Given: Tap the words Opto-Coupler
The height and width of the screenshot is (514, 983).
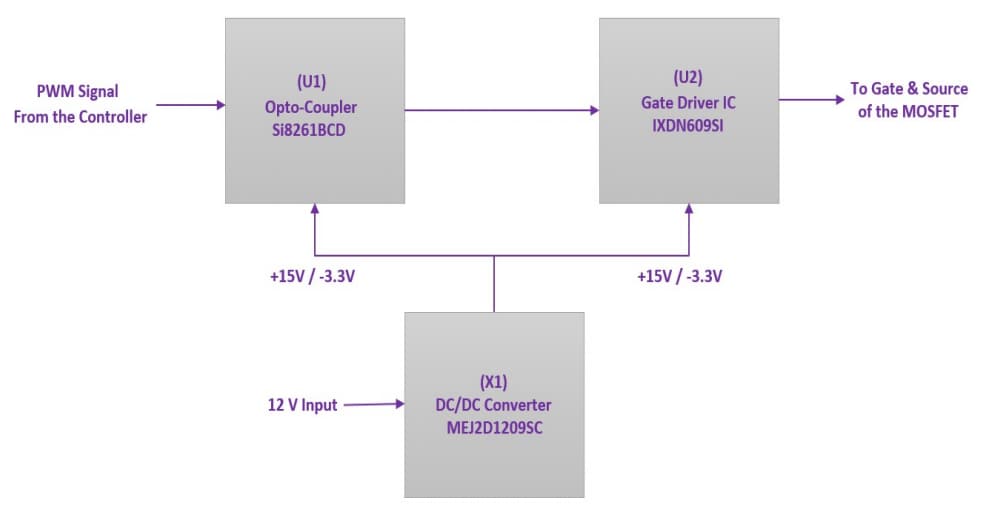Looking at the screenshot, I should (x=314, y=106).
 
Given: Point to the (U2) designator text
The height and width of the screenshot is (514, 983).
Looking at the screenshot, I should (x=688, y=77).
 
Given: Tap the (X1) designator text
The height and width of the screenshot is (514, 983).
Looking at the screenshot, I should (x=494, y=381).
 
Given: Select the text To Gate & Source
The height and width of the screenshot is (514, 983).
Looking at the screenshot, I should (x=908, y=89).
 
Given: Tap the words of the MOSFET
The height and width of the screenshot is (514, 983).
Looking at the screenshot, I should (x=908, y=111).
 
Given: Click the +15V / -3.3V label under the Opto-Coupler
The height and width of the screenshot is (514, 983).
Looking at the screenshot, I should (x=312, y=276).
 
